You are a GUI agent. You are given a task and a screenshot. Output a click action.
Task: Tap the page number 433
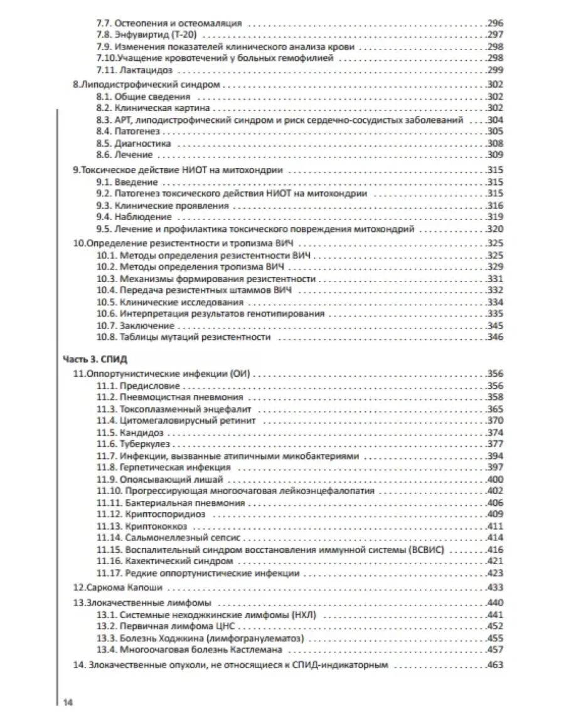click(495, 587)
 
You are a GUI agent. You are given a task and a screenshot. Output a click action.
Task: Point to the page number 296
click(495, 23)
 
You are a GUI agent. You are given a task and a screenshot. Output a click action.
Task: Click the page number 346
click(495, 337)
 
